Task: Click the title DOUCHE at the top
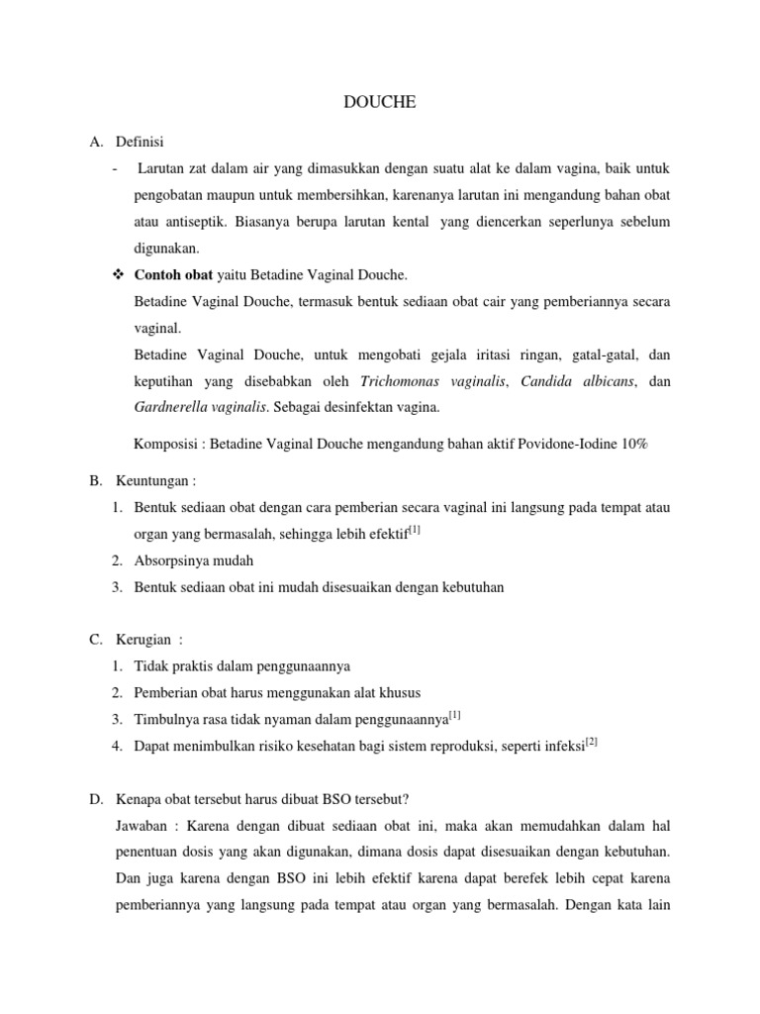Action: [379, 103]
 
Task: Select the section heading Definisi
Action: [141, 142]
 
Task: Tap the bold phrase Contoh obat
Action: [171, 274]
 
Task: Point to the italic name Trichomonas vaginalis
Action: [432, 381]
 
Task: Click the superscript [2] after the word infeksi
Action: [592, 741]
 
